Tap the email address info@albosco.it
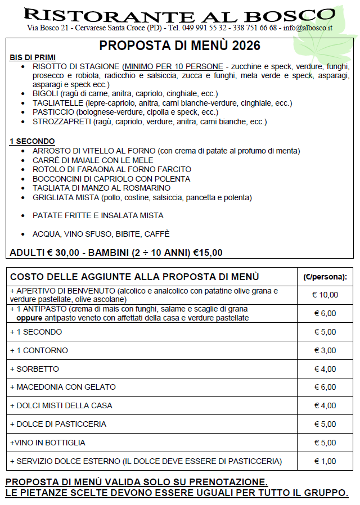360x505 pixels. click(x=308, y=28)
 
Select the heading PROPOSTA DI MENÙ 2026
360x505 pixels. click(x=180, y=46)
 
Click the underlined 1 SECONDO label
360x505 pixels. click(x=32, y=141)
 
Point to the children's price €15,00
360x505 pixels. click(x=208, y=252)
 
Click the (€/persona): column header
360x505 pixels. click(x=325, y=277)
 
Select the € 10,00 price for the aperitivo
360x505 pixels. click(x=325, y=295)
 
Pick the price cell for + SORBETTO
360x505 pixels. click(x=325, y=369)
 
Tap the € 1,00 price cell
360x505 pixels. click(x=325, y=461)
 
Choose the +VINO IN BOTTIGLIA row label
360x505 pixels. click(x=48, y=443)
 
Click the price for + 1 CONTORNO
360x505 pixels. click(x=325, y=350)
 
